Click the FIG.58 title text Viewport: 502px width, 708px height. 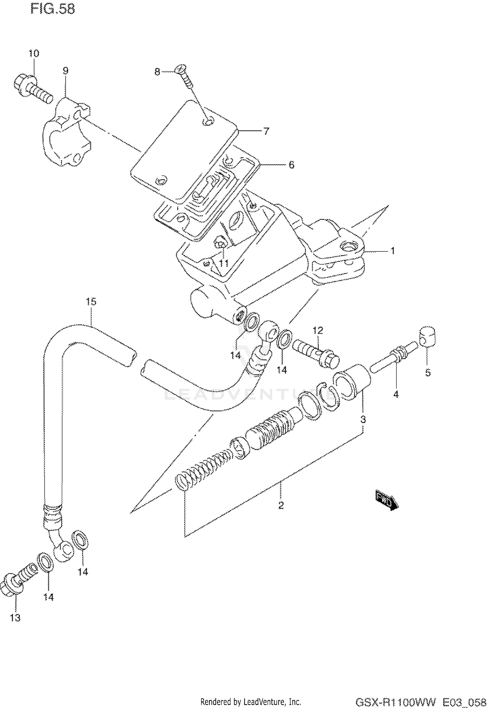[x=53, y=9]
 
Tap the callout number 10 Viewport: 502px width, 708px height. [x=33, y=53]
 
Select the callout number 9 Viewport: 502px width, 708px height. [x=66, y=71]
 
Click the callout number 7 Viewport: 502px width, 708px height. [x=266, y=131]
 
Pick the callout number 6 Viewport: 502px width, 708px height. [x=291, y=165]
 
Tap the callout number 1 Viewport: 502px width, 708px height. [x=393, y=250]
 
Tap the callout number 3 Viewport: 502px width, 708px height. [x=363, y=419]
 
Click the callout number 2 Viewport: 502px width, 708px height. [x=281, y=505]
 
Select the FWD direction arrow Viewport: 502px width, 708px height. [x=387, y=500]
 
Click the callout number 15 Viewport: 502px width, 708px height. [x=91, y=302]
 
